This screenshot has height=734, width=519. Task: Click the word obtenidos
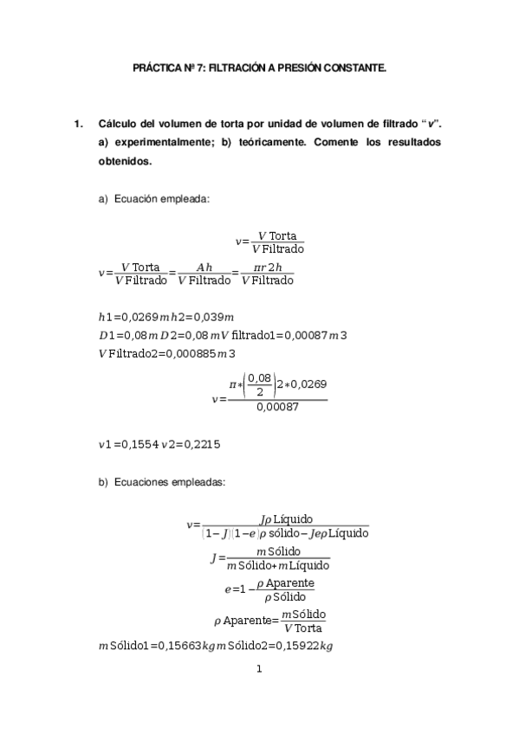point(126,161)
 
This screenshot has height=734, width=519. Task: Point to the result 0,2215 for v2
point(203,445)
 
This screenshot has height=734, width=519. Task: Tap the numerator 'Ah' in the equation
point(204,268)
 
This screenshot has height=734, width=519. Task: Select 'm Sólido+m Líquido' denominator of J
point(278,566)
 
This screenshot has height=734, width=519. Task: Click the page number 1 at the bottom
point(259,668)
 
